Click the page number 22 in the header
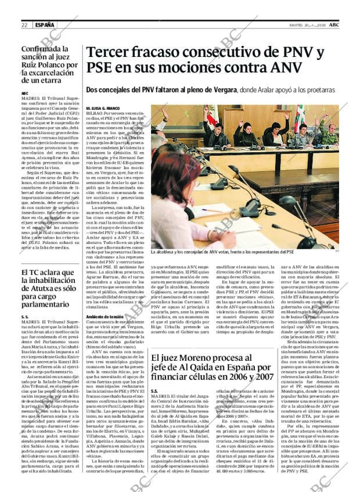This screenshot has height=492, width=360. (x=24, y=25)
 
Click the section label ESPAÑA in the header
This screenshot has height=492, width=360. (x=45, y=25)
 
